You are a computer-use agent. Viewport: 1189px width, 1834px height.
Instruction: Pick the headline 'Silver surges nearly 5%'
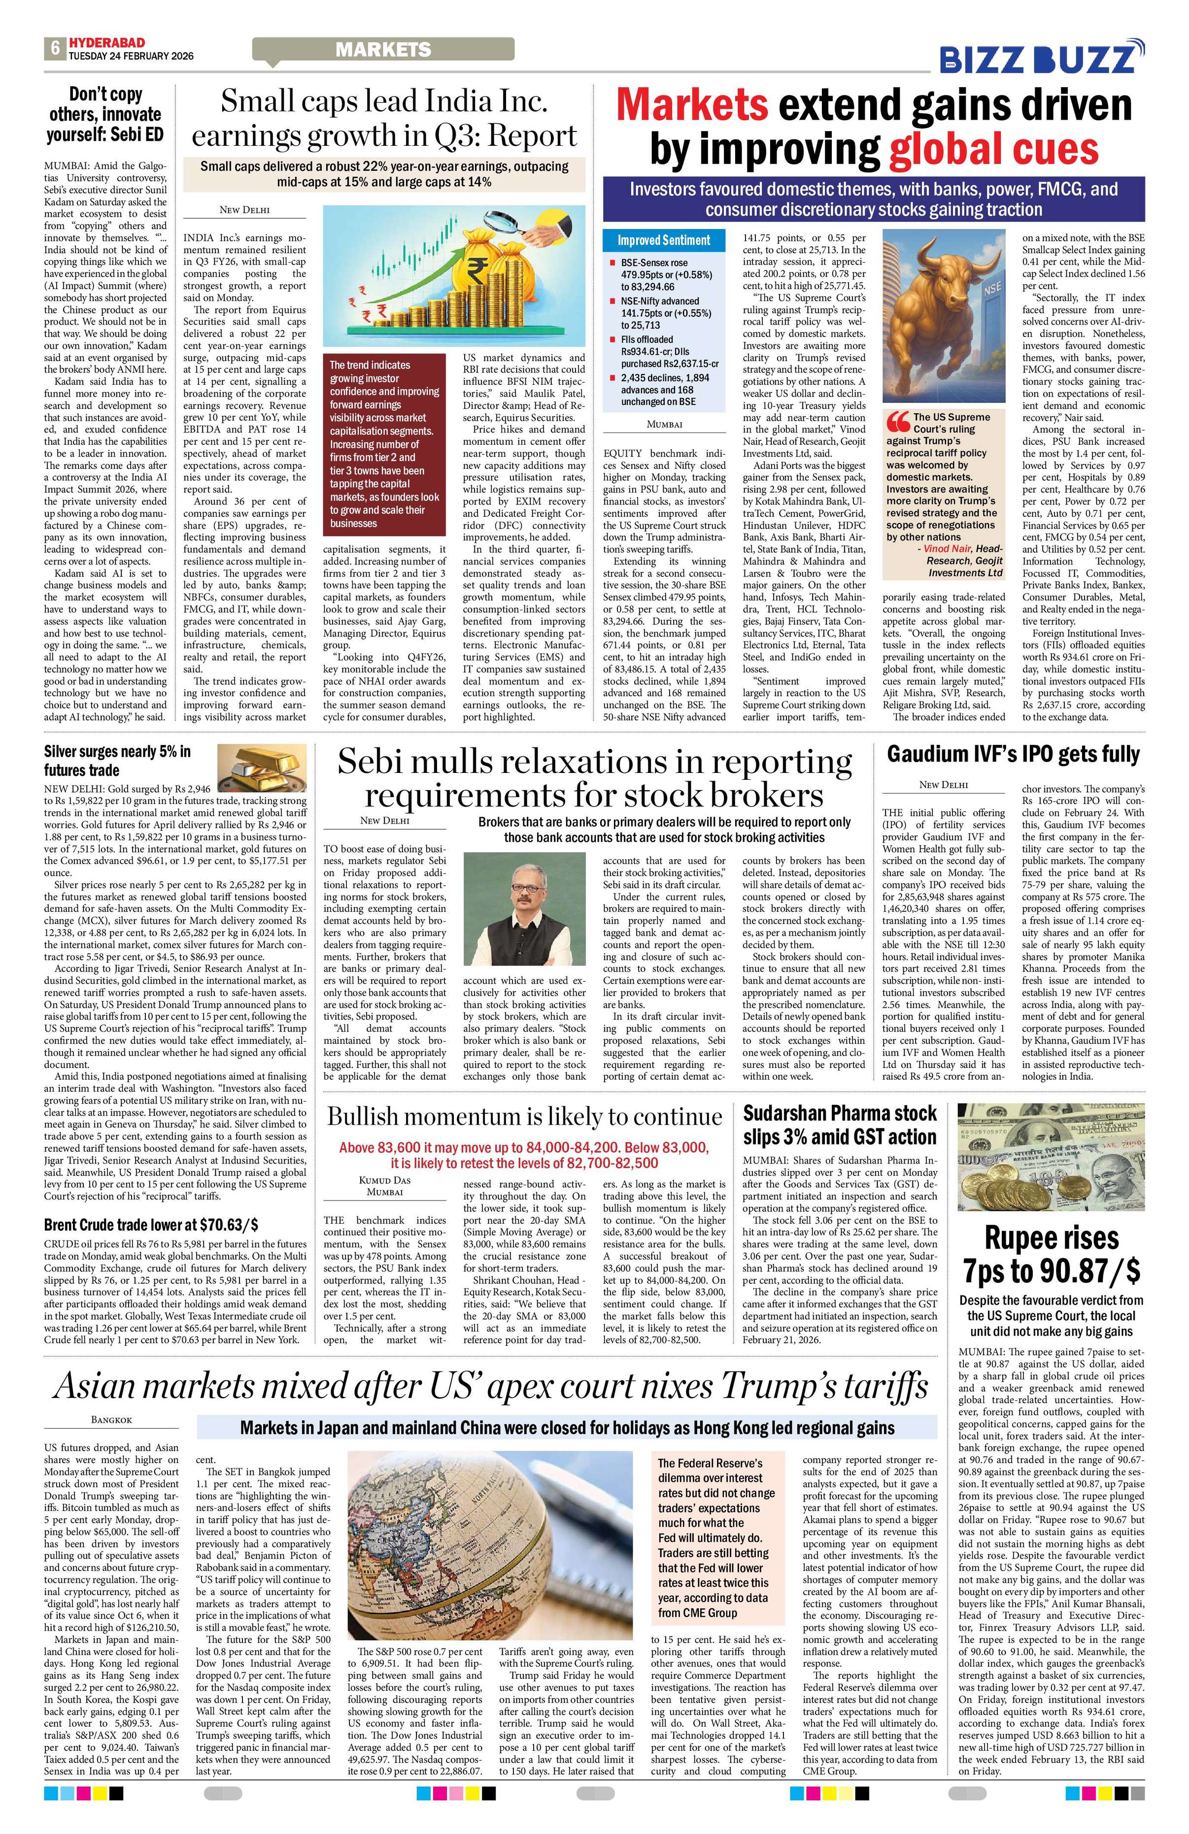117,760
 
